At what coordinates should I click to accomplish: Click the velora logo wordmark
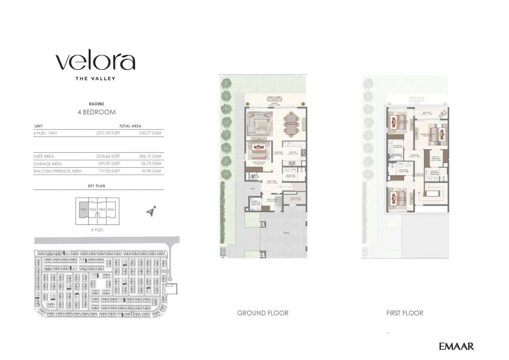(x=95, y=62)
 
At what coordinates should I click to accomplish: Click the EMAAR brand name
(x=456, y=346)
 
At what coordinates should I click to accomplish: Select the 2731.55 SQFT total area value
(x=108, y=133)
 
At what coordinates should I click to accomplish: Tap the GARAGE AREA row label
(x=48, y=164)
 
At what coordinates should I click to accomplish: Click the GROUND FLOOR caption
(x=263, y=313)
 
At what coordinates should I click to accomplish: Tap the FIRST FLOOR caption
(x=404, y=313)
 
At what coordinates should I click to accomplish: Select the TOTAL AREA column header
(x=130, y=126)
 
